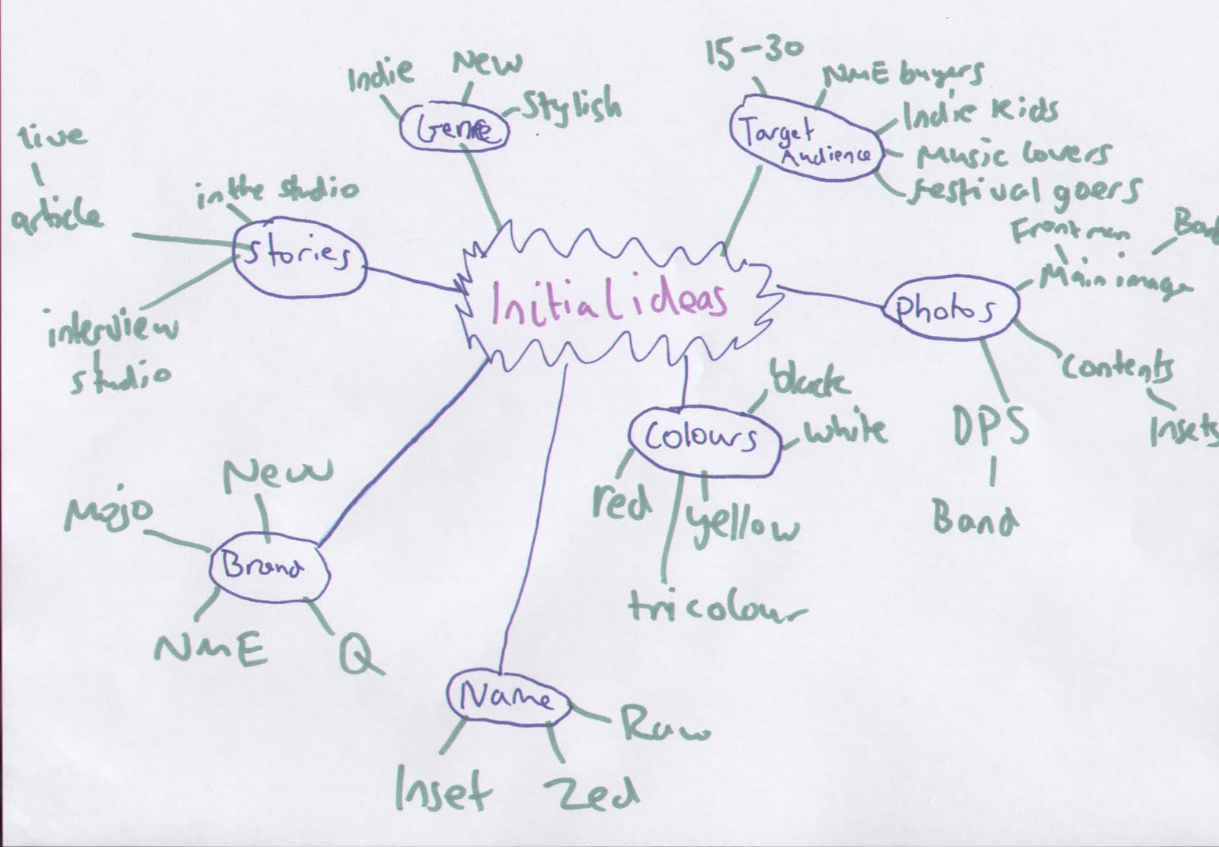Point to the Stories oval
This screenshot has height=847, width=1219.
(299, 257)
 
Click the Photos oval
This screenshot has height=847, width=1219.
(949, 308)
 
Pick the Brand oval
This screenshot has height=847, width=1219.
(267, 569)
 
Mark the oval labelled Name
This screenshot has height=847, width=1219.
(508, 697)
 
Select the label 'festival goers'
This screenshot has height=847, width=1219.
(1025, 190)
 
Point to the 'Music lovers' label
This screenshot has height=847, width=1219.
(1013, 156)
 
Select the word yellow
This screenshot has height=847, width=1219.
(743, 526)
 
